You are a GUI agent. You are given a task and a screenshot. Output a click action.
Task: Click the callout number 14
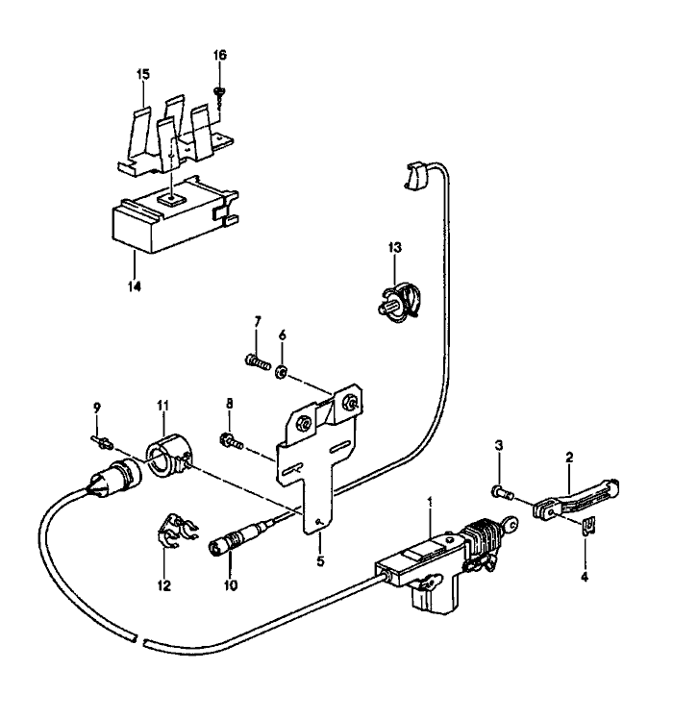135,285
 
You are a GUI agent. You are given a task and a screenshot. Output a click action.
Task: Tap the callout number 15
142,74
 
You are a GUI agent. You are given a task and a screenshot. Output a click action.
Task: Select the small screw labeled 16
220,91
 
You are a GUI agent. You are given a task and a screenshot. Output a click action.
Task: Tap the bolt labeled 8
230,440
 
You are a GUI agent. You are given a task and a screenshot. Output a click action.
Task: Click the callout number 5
320,557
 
